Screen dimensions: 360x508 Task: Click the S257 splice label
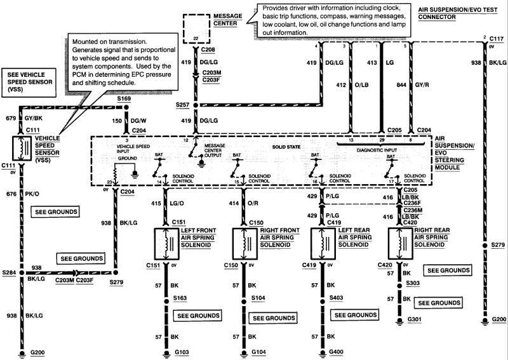point(182,105)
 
